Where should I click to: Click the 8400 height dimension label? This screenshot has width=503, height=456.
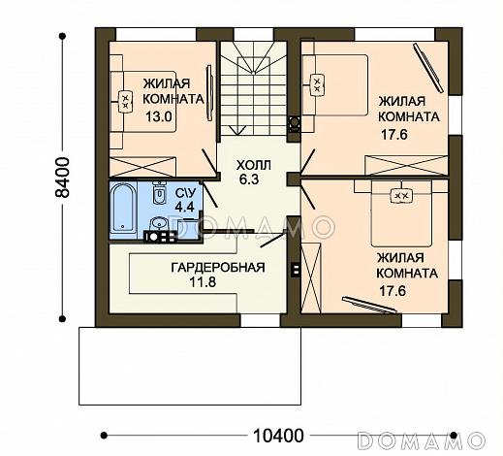click(62, 178)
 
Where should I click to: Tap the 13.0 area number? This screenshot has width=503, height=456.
click(158, 116)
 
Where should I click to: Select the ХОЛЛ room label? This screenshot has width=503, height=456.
click(254, 166)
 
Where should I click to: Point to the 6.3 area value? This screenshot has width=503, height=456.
click(249, 179)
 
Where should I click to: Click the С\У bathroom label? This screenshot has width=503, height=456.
click(186, 193)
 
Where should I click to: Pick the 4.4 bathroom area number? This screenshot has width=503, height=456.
click(184, 207)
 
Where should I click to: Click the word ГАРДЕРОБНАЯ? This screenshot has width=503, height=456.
click(218, 268)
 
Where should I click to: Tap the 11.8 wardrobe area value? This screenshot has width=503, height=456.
click(203, 282)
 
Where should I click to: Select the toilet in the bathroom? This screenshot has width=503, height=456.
click(159, 193)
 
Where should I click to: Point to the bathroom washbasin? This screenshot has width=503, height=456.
click(159, 223)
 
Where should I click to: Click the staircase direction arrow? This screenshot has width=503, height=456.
click(237, 131)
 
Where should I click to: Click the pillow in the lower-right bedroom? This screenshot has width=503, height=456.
click(401, 196)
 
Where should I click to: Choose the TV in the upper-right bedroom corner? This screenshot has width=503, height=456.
click(428, 68)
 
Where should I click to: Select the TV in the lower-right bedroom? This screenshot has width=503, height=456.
click(369, 305)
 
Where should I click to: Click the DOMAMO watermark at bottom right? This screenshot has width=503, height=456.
click(422, 440)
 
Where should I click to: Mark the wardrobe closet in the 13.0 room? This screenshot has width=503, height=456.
click(142, 167)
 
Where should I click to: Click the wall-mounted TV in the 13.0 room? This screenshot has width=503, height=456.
click(209, 93)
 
